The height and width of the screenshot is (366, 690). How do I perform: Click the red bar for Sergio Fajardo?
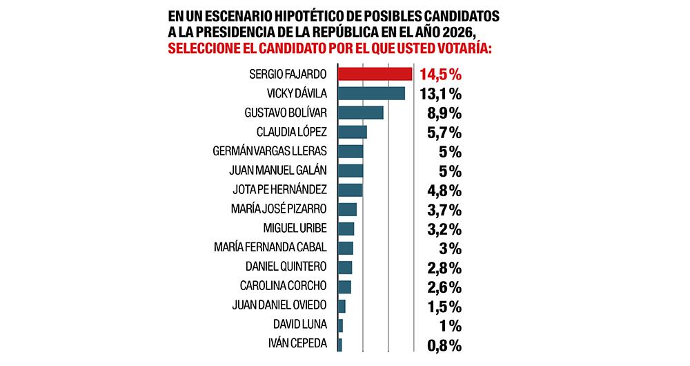coord(374,74)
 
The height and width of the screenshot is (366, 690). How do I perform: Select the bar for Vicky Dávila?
coord(371,93)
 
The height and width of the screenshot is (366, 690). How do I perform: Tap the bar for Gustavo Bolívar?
coord(359,113)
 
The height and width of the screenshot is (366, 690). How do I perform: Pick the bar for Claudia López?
coord(351,132)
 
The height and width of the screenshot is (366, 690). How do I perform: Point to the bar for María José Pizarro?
coord(346,209)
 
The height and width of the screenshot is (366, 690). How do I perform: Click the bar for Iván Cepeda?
coord(339,344)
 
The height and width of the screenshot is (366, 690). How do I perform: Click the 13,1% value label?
coord(440,93)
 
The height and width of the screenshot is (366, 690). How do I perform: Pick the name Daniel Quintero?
coord(286,267)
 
